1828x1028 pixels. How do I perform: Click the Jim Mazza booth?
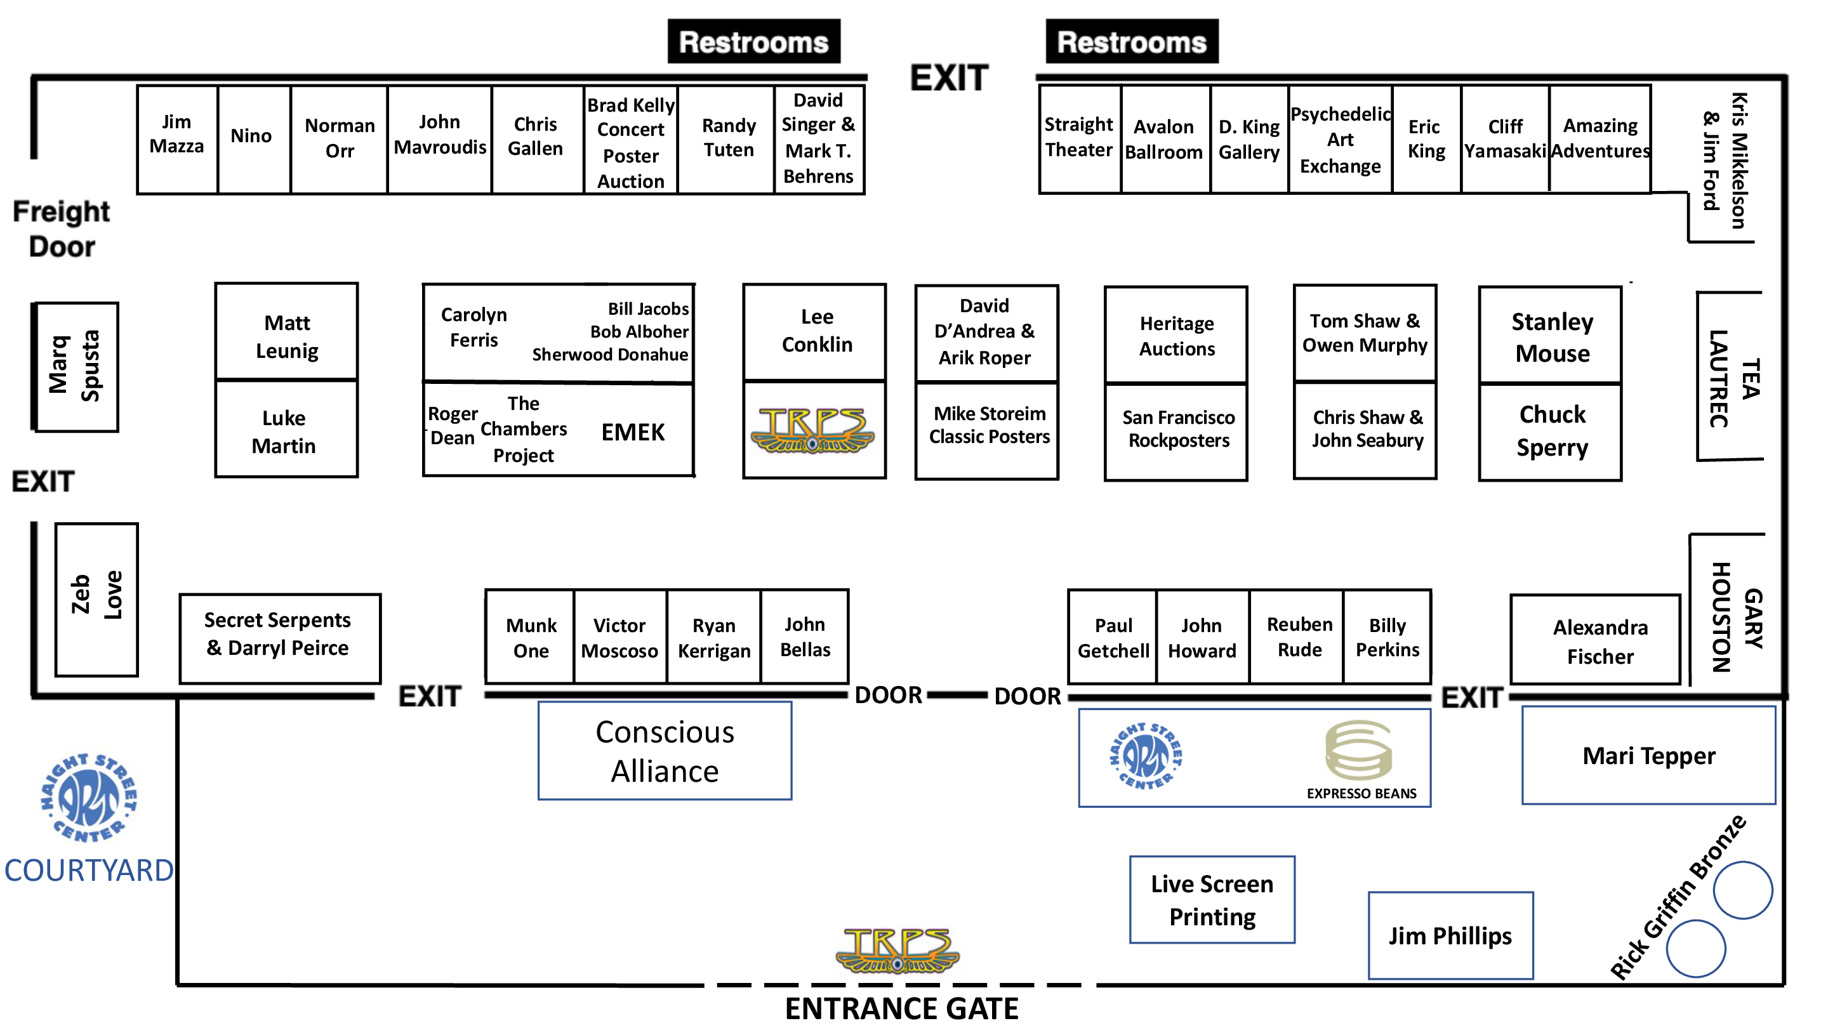pos(176,139)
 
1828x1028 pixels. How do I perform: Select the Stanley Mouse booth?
pos(1551,336)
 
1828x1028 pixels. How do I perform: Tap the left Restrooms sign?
pos(753,42)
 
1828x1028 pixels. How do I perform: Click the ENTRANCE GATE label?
pos(901,1008)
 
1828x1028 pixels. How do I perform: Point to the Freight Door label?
pos(62,228)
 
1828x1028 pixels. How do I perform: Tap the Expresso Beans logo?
pos(1359,759)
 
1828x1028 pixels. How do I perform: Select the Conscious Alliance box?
pos(665,751)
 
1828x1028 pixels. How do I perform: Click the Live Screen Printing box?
pos(1212,900)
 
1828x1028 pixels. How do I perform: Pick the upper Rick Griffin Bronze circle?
pos(1743,890)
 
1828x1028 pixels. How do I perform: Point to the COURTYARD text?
pos(89,871)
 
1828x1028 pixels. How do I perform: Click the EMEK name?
pos(633,432)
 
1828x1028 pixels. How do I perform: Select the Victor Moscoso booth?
pos(619,637)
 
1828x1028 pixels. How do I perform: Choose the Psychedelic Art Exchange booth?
pos(1340,139)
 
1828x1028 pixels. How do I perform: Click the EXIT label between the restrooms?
pos(949,78)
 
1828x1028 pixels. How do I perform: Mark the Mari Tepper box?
pos(1648,756)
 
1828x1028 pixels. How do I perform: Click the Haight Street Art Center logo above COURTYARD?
pos(89,798)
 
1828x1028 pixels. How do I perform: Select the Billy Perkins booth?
pos(1388,637)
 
